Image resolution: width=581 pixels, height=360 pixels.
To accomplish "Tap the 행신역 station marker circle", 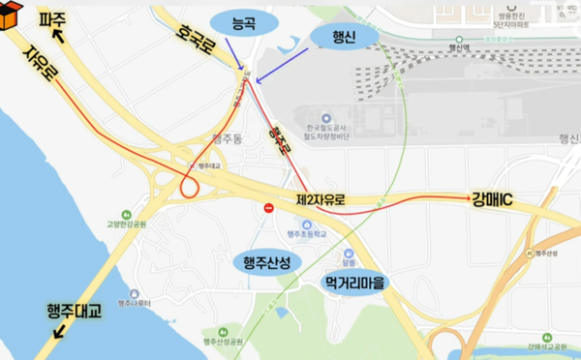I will [x=452, y=44].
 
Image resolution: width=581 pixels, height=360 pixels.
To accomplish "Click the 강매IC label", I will [x=496, y=200].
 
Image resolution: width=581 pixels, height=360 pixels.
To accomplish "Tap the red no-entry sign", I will [x=270, y=207].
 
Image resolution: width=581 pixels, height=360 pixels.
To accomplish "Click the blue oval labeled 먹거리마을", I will [x=352, y=283].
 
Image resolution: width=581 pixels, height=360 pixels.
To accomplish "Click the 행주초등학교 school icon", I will [x=293, y=225].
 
